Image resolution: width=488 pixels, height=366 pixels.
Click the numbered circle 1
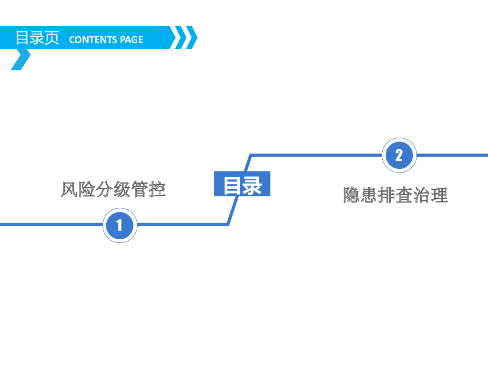[120, 225]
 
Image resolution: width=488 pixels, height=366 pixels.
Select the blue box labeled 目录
[242, 184]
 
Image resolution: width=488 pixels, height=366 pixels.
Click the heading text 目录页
[37, 38]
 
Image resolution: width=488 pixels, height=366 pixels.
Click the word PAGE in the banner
[132, 40]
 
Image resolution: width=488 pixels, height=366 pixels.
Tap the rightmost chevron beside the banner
[191, 38]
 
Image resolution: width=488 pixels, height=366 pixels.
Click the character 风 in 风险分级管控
[70, 189]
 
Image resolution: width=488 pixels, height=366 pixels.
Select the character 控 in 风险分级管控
[157, 189]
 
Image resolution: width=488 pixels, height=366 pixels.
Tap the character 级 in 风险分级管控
[122, 189]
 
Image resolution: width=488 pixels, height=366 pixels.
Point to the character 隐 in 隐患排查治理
[352, 195]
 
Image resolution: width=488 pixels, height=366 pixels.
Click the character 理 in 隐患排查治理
[439, 195]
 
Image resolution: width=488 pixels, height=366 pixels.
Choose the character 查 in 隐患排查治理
[404, 195]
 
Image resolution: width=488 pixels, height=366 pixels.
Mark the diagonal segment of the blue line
[240, 190]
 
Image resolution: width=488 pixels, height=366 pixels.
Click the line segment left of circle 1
[48, 224]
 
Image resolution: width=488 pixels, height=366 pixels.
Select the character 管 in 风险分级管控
[140, 189]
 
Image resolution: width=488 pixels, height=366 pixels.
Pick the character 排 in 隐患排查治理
[386, 195]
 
